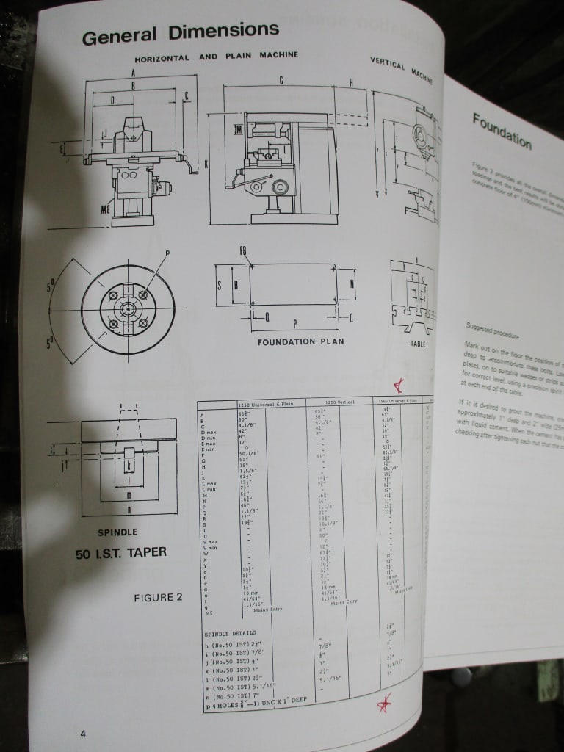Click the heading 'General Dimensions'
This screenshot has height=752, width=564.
180,34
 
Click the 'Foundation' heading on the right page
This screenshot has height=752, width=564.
502,130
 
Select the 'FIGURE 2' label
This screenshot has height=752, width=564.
157,597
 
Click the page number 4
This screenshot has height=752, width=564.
84,734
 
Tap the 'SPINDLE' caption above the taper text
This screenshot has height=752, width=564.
117,532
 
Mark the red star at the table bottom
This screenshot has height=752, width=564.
383,704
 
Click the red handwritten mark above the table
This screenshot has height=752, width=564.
399,385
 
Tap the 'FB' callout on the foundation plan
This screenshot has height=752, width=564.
243,251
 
